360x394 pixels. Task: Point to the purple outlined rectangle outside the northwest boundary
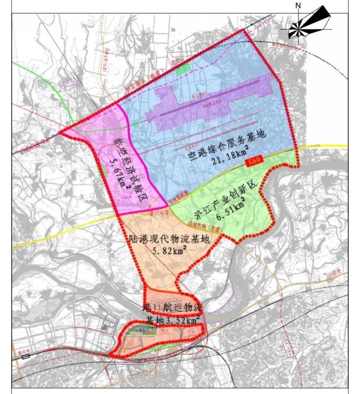click(x=70, y=84)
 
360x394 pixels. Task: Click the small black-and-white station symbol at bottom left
click(x=25, y=356)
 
